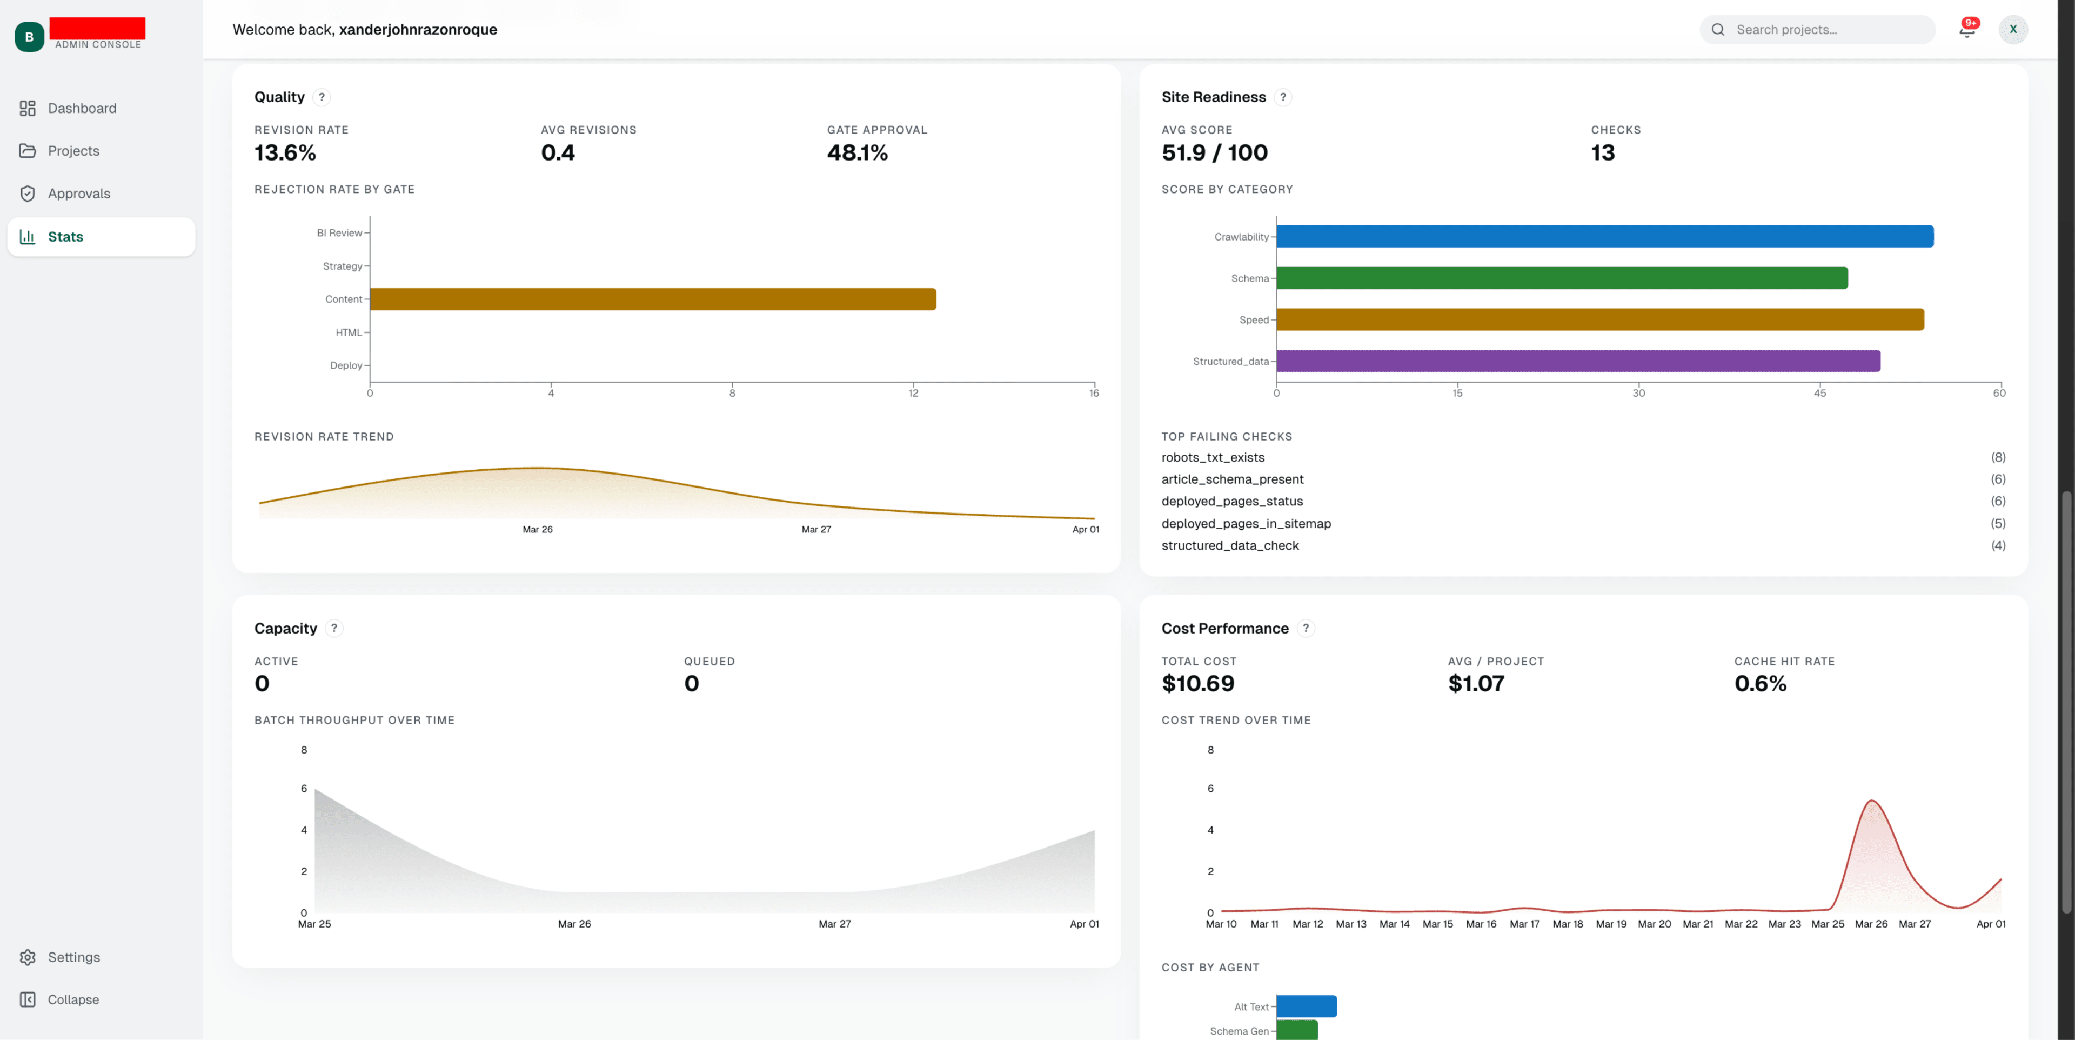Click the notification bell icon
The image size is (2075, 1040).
click(1966, 30)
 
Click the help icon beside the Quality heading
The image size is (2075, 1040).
click(322, 97)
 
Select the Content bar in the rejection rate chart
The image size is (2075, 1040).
click(652, 299)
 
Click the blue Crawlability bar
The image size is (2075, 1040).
click(1604, 236)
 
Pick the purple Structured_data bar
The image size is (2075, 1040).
click(1578, 361)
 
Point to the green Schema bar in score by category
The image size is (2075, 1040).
click(1562, 278)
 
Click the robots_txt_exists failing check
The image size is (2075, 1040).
click(1212, 458)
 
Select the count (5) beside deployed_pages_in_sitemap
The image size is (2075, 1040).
click(1998, 524)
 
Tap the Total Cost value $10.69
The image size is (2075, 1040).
click(1198, 684)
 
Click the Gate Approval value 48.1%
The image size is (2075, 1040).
click(857, 153)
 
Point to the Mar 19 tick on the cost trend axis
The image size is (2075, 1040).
click(1610, 924)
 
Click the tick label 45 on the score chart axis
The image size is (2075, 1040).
click(1819, 393)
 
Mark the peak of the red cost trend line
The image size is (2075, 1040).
click(1871, 801)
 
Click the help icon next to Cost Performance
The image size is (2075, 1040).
click(1306, 628)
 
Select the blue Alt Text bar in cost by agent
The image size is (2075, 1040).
click(1307, 1006)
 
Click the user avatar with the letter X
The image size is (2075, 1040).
click(2013, 30)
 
